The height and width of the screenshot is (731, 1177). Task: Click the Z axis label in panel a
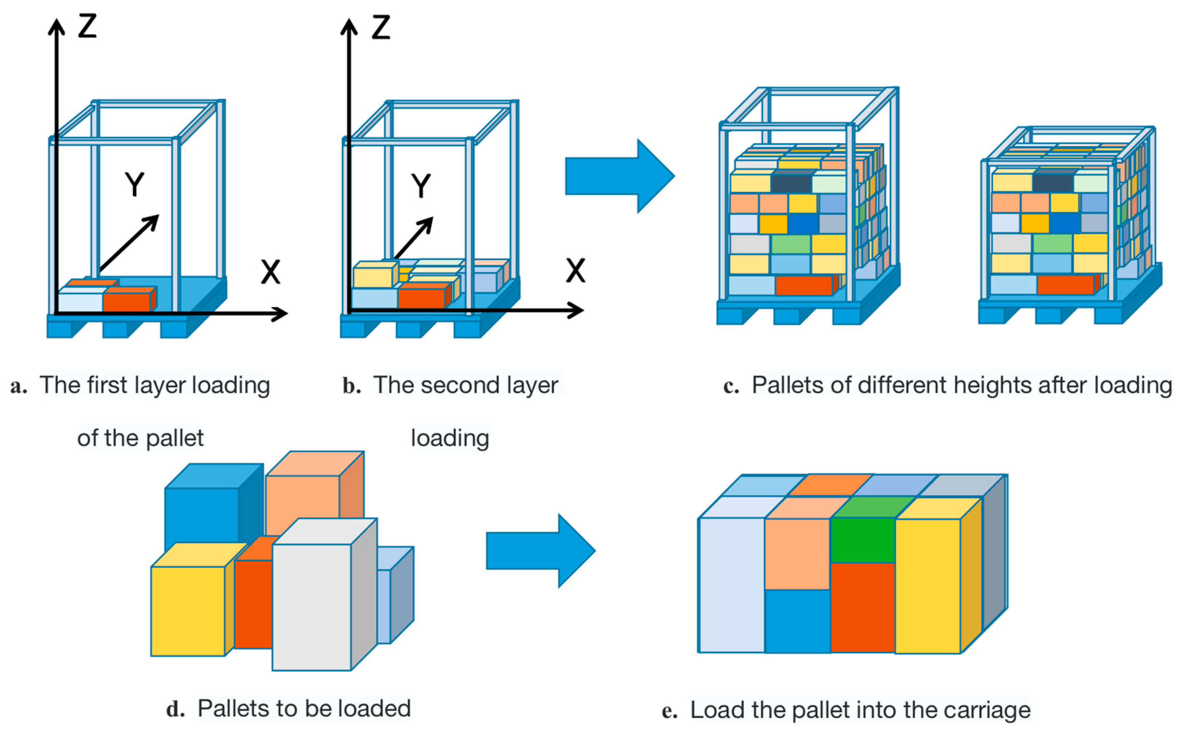coord(88,26)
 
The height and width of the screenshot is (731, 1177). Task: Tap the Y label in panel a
coord(134,184)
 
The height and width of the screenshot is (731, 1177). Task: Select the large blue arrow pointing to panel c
coord(620,176)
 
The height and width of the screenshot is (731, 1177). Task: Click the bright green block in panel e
coord(863,540)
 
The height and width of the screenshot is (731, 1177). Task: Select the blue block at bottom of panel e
coord(797,621)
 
